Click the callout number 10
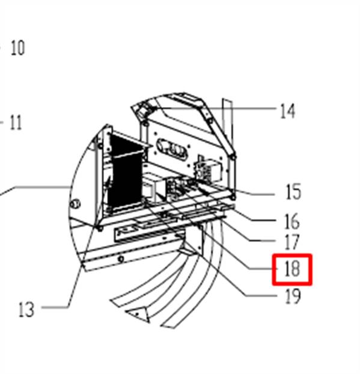(17, 48)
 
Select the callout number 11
(16, 123)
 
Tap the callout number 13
(26, 309)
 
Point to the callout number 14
(287, 111)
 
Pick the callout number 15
(293, 192)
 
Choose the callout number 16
(292, 221)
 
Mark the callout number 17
(292, 242)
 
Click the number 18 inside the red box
(292, 269)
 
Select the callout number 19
(293, 296)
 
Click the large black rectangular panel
(125, 171)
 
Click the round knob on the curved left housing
(75, 204)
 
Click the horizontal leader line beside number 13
(55, 307)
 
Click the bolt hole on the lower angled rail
(121, 259)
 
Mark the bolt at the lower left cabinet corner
(100, 228)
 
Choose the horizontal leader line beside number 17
(262, 241)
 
